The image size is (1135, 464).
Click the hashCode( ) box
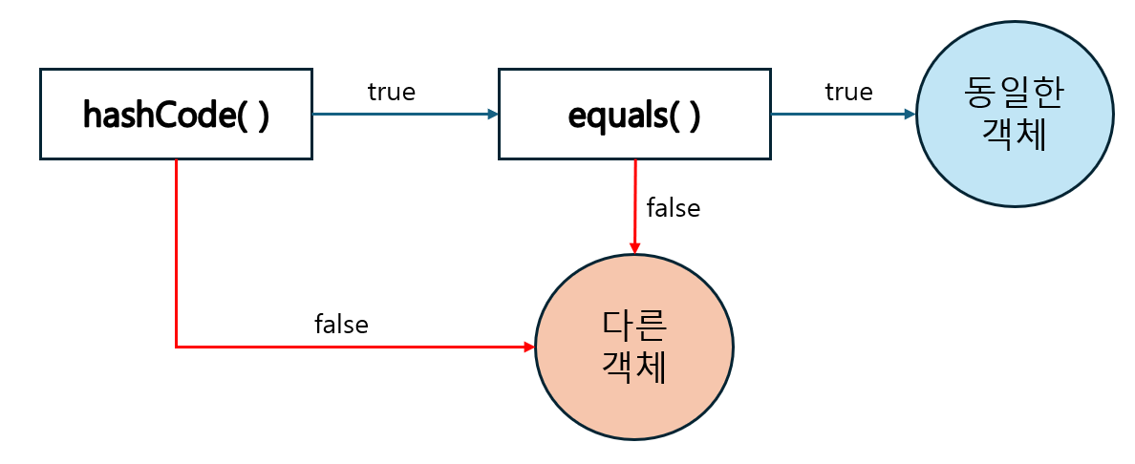pyautogui.click(x=176, y=114)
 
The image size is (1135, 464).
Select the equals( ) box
pyautogui.click(x=634, y=114)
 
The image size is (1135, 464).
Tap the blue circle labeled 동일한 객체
pyautogui.click(x=1015, y=115)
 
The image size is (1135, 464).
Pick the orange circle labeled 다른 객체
pyautogui.click(x=634, y=347)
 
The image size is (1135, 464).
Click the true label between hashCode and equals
pyautogui.click(x=392, y=92)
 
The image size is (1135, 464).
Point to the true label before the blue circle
pyautogui.click(x=848, y=92)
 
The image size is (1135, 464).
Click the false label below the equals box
pyautogui.click(x=674, y=207)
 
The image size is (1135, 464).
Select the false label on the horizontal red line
pyautogui.click(x=341, y=325)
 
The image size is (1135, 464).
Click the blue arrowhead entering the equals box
pyautogui.click(x=492, y=114)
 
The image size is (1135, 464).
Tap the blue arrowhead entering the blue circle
pyautogui.click(x=909, y=114)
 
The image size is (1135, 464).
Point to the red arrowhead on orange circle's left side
pyautogui.click(x=528, y=347)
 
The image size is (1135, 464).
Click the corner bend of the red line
pyautogui.click(x=177, y=347)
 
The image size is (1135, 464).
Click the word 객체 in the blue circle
pyautogui.click(x=1015, y=135)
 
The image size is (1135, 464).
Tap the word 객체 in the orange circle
pyautogui.click(x=634, y=368)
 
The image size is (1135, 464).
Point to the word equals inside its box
pyautogui.click(x=615, y=114)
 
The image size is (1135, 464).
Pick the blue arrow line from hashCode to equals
pyautogui.click(x=401, y=114)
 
